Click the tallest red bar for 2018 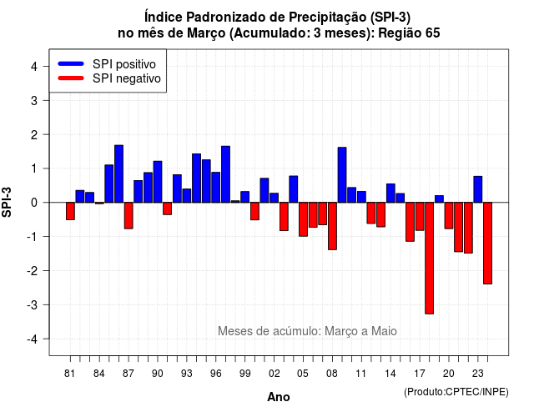[429, 258]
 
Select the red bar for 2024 [487, 243]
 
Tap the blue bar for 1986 [118, 174]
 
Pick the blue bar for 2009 [342, 175]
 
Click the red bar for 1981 [70, 211]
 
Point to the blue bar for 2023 [478, 189]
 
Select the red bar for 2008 [332, 226]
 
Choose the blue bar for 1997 [225, 174]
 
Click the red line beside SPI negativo [71, 78]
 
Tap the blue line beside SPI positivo [71, 63]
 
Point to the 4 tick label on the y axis [34, 67]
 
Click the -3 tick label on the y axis [33, 304]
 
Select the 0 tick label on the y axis [34, 203]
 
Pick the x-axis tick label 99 [244, 374]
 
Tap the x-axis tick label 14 [390, 374]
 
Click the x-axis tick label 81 [69, 374]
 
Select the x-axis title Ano [279, 397]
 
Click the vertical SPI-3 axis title [7, 202]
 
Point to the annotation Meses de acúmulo [269, 331]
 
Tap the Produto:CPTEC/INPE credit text [456, 392]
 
